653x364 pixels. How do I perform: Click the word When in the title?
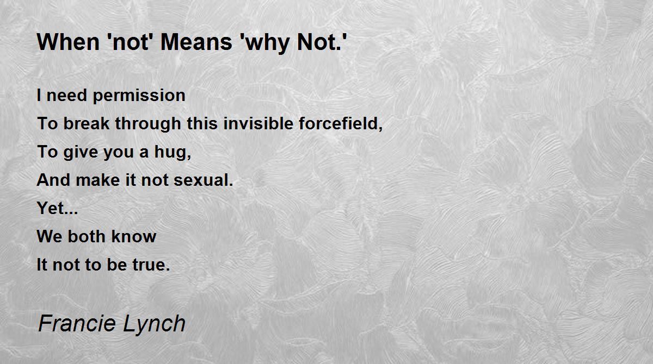click(x=68, y=42)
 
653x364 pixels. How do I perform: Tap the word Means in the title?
click(x=196, y=42)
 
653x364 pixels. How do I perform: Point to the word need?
click(x=67, y=95)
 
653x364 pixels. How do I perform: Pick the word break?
click(x=87, y=123)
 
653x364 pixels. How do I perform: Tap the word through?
click(x=148, y=124)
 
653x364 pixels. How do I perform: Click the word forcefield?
click(x=341, y=124)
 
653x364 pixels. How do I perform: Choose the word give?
click(x=81, y=153)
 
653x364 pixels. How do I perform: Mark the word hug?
click(x=173, y=153)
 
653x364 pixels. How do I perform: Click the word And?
click(x=53, y=180)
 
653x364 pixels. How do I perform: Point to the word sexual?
click(x=204, y=180)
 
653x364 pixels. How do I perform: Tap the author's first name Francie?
click(x=77, y=323)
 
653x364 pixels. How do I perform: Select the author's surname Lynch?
click(x=154, y=325)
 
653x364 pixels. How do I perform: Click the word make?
click(x=97, y=180)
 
